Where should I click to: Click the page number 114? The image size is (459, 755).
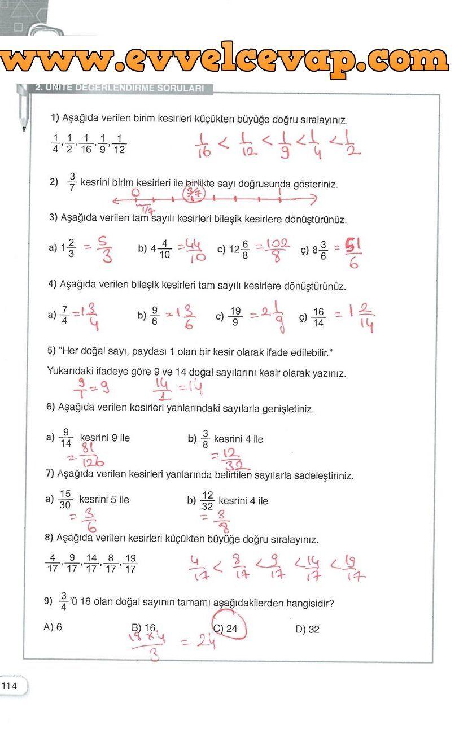click(10, 686)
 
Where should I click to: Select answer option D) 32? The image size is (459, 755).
click(307, 629)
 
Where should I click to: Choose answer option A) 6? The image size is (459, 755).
click(53, 627)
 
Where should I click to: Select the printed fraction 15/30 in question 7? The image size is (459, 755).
click(65, 500)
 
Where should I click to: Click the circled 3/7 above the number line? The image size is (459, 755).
click(194, 194)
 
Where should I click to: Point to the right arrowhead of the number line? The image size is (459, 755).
click(314, 199)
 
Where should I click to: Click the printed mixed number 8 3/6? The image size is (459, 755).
click(320, 250)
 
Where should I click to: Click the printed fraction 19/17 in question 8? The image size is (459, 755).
click(130, 564)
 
